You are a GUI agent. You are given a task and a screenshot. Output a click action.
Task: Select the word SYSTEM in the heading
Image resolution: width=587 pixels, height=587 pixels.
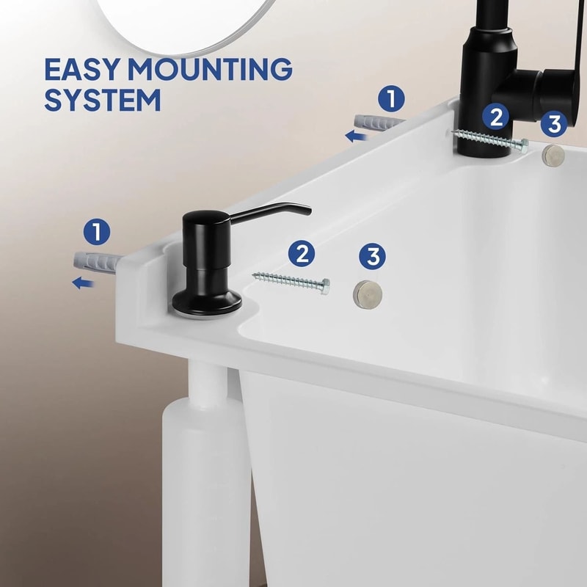102,99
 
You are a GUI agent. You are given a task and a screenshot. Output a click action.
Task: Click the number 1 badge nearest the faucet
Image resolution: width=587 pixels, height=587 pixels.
392,98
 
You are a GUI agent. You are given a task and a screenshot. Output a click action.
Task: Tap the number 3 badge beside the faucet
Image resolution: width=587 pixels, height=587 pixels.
553,124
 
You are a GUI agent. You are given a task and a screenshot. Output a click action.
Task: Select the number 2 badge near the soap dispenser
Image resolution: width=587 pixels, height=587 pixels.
301,254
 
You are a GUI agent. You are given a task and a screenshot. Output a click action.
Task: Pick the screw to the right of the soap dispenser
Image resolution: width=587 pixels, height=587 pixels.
291,280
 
